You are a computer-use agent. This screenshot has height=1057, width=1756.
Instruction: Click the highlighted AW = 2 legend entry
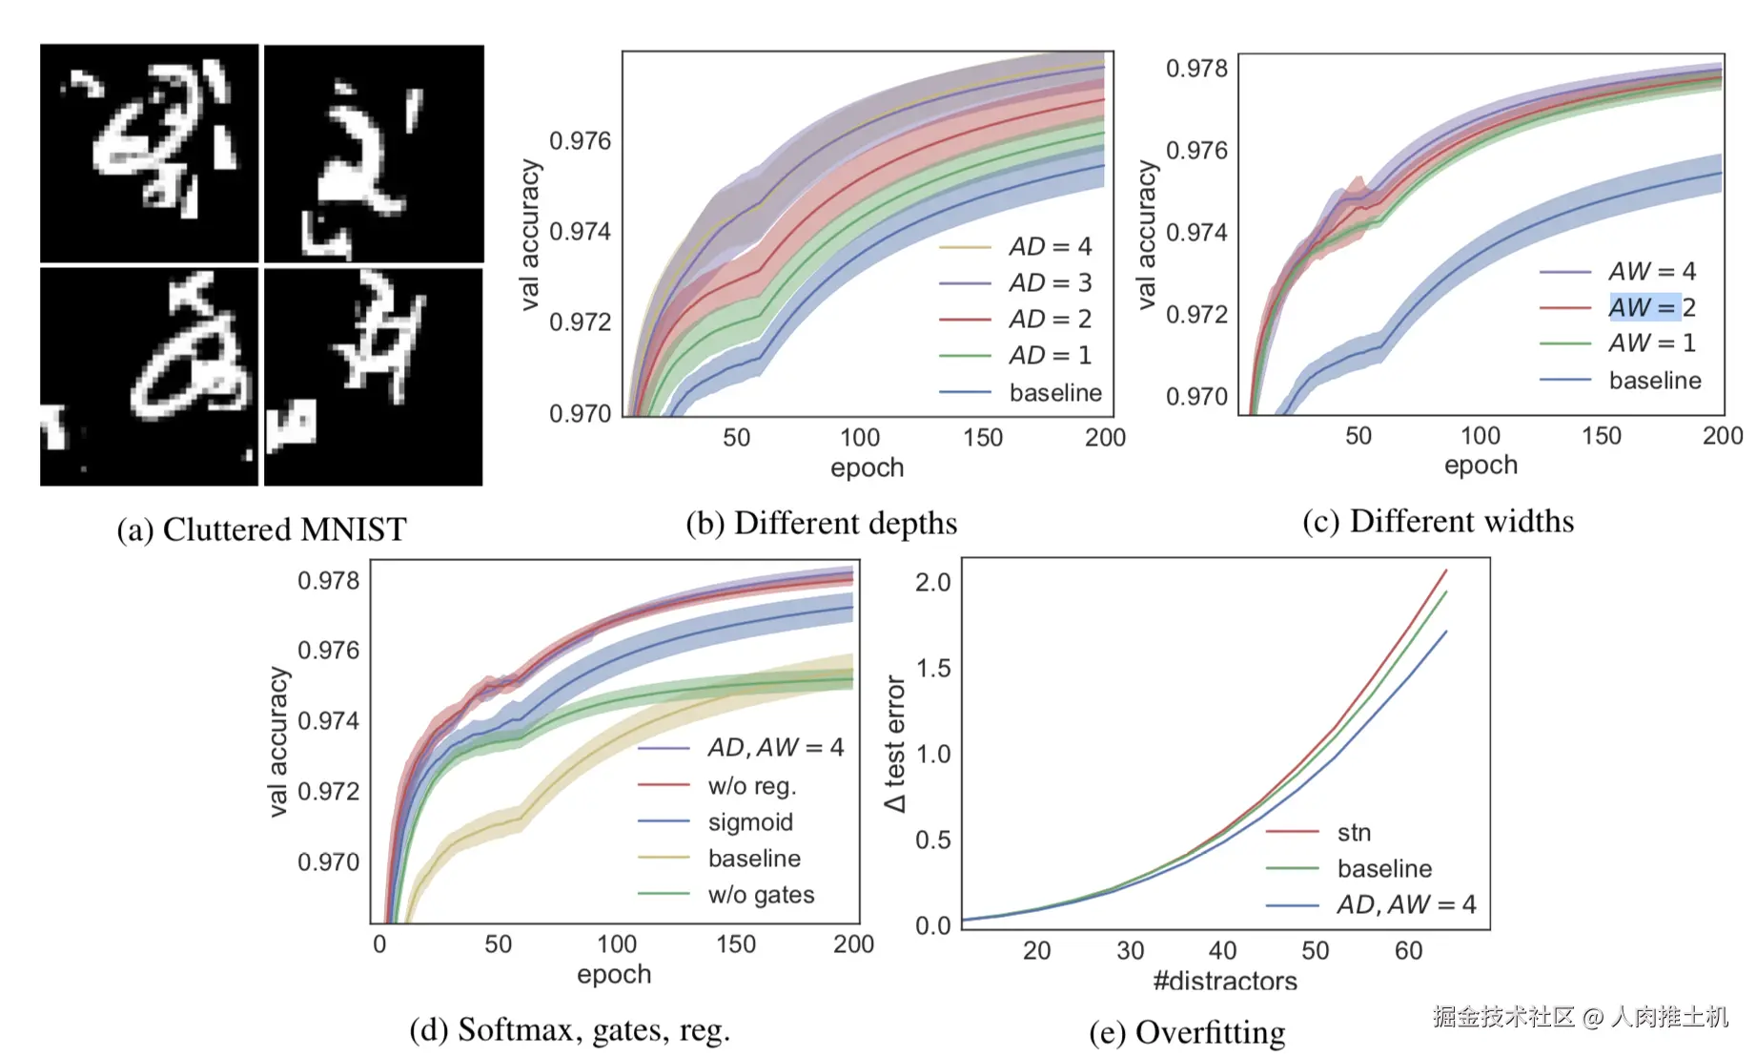click(x=1651, y=307)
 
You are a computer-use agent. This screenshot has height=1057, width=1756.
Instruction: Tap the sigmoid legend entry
click(x=750, y=821)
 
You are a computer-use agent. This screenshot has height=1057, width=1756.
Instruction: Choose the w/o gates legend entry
click(x=761, y=894)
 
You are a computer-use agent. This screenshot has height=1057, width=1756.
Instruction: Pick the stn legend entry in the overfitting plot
click(x=1354, y=832)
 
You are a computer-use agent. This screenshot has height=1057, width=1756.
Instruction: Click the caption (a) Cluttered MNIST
click(x=261, y=529)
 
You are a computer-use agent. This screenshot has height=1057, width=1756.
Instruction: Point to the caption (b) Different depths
click(x=821, y=523)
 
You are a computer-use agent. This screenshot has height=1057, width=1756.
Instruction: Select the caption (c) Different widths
click(x=1438, y=521)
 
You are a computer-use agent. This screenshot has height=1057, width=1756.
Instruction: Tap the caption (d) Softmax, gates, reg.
click(x=569, y=1029)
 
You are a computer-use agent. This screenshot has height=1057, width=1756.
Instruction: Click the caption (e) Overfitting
click(x=1187, y=1032)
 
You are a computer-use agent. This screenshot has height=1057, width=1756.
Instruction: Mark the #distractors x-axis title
click(x=1225, y=980)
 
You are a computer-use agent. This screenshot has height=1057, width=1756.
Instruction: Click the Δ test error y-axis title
click(x=894, y=743)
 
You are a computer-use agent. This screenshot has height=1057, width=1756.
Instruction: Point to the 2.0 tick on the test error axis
click(x=932, y=582)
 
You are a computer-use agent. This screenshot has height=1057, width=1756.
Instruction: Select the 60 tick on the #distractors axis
click(x=1408, y=950)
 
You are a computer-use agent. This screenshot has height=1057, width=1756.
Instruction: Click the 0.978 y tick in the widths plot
click(x=1196, y=69)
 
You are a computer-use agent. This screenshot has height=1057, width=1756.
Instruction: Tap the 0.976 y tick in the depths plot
click(x=580, y=141)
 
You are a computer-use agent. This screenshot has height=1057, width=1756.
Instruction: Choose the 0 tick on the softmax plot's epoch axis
click(x=379, y=944)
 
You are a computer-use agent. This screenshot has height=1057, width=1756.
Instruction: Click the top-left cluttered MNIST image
click(x=150, y=153)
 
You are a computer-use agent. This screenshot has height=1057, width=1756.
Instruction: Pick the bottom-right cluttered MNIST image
click(x=374, y=377)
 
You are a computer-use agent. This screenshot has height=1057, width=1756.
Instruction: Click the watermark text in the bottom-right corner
click(x=1580, y=1017)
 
